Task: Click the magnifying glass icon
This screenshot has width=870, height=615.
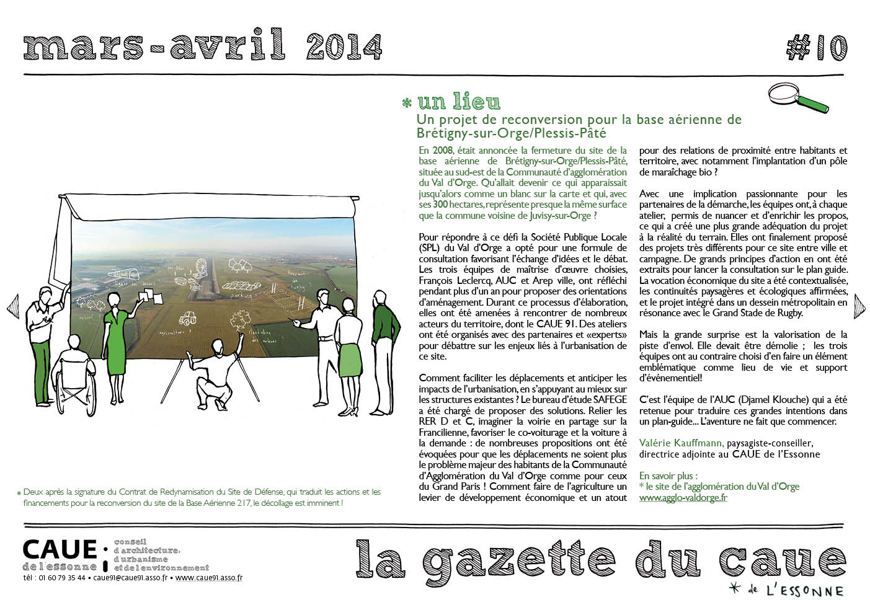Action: click(797, 98)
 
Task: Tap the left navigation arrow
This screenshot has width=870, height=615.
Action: click(12, 307)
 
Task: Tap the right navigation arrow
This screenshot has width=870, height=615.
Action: click(859, 306)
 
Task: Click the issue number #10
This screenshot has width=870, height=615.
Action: click(817, 47)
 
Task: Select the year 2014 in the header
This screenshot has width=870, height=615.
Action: click(344, 46)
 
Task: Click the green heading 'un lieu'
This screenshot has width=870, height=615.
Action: click(459, 101)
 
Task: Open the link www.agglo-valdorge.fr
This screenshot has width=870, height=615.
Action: click(683, 498)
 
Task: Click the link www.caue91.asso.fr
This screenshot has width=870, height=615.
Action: click(208, 578)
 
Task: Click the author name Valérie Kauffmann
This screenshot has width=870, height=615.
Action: click(680, 443)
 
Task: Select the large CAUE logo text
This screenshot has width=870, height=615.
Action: click(60, 549)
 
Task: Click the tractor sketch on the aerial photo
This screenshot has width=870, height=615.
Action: click(187, 319)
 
